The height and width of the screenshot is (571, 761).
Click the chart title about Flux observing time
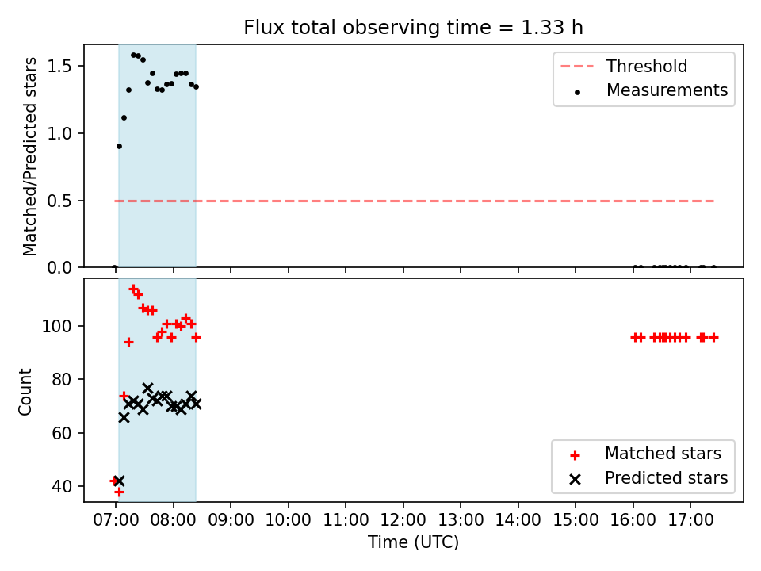(413, 28)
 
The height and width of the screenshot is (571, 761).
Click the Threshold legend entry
(624, 66)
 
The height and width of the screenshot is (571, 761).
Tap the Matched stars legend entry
(645, 454)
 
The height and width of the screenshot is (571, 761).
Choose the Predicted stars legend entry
(648, 478)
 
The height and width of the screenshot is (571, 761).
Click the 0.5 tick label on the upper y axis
(59, 201)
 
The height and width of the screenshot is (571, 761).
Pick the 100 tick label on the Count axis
(57, 326)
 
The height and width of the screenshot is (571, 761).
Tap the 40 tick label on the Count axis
(62, 486)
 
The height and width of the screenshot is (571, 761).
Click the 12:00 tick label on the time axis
(403, 520)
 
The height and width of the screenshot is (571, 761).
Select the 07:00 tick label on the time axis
(116, 520)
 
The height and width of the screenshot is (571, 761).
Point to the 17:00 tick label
(690, 520)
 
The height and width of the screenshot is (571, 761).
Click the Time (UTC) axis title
(413, 542)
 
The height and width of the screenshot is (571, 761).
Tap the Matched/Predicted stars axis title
(29, 156)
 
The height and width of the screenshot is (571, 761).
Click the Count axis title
(25, 392)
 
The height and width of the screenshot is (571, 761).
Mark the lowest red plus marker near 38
(119, 492)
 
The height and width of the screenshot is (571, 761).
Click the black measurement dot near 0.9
(120, 146)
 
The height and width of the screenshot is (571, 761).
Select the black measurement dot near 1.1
(124, 118)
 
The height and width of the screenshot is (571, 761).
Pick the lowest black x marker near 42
(119, 481)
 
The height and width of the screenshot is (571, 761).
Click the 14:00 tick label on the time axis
(518, 520)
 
